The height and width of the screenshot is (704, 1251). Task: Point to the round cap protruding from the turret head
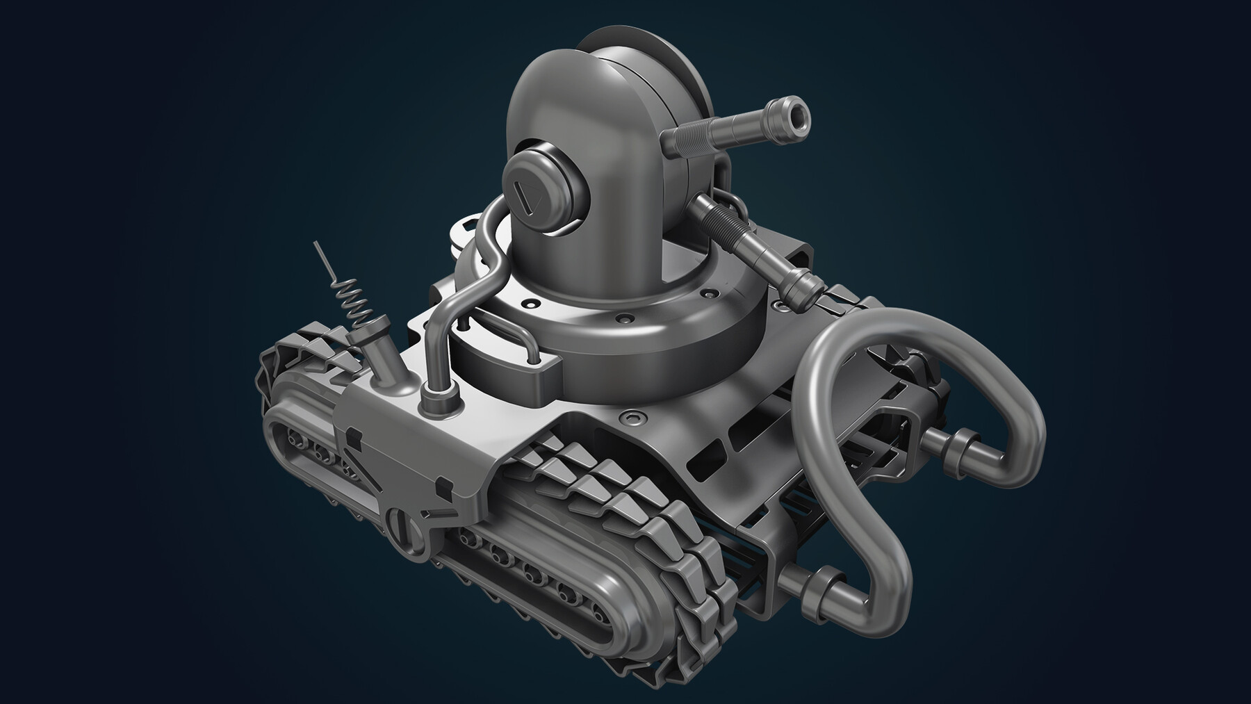542,195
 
